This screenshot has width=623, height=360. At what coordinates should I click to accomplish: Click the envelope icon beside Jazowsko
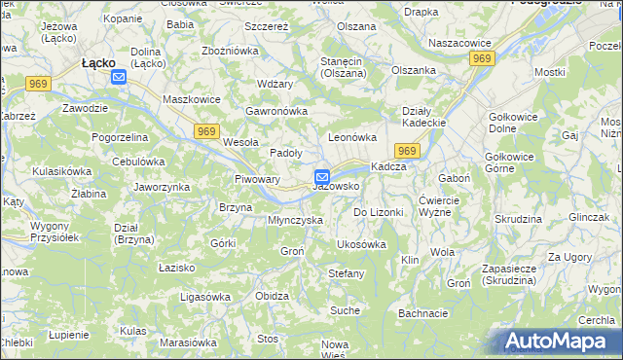coord(321,177)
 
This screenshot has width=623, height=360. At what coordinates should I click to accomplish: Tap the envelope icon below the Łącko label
coord(119,77)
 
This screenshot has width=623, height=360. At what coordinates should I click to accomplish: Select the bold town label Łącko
coord(99,62)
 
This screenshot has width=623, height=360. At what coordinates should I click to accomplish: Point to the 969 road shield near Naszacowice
coord(481,59)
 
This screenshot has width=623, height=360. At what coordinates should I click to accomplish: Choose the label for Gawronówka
coord(276,110)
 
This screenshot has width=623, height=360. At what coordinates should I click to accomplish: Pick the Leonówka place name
coord(351,137)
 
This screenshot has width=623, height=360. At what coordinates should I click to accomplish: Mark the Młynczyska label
coord(295,220)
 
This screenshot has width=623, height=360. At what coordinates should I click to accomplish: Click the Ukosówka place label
coord(361,244)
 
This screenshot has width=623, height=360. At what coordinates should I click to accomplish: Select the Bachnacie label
coord(422,313)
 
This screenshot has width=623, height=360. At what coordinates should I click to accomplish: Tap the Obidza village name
coord(272,296)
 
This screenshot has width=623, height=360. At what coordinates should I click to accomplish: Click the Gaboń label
coord(455,179)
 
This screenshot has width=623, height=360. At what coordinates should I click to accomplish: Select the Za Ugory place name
coord(568,257)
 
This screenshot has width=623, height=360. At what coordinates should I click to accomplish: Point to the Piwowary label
coord(258,179)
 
